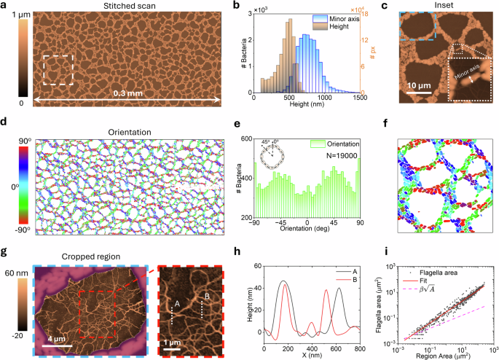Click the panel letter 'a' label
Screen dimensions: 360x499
pos(5,6)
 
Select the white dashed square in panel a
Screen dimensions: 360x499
pos(58,71)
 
